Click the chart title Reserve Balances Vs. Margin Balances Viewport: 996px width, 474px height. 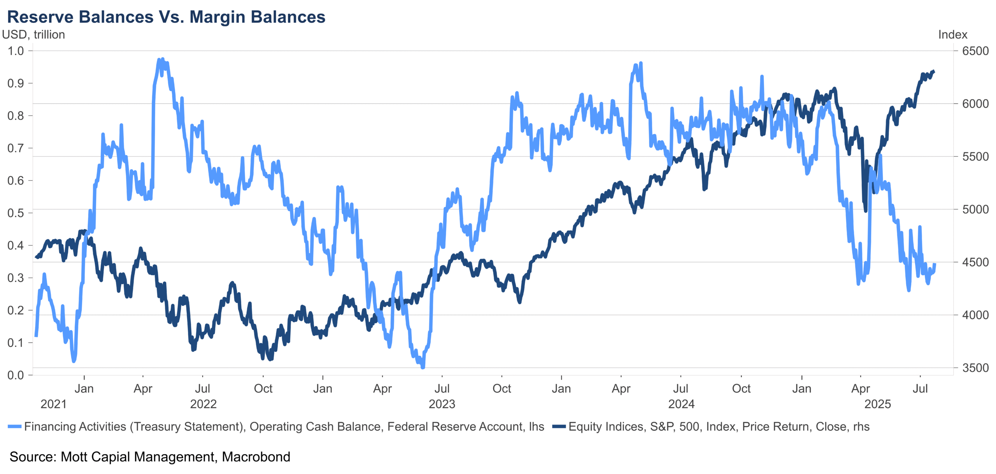coord(166,17)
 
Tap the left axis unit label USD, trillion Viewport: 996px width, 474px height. coord(33,35)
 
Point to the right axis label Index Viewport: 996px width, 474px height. coord(952,35)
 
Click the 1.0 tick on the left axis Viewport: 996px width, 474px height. coord(16,51)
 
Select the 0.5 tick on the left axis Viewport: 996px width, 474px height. coord(16,213)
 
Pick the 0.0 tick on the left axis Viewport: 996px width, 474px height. coord(16,375)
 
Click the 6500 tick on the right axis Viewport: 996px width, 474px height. coord(975,51)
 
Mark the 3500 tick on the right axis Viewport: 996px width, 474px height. coord(975,368)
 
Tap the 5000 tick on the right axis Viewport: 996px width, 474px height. coord(975,210)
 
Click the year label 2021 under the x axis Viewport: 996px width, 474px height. coord(54,404)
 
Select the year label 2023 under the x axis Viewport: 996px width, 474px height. coord(442,404)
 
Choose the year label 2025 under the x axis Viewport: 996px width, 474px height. coord(877,404)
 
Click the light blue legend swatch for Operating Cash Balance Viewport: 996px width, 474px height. coord(14,427)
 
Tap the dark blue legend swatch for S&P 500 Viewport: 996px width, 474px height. coord(559,427)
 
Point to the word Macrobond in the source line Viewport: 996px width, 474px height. coord(256,457)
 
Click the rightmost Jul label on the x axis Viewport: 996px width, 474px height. coord(920,388)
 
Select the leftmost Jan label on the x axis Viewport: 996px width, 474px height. coord(84,388)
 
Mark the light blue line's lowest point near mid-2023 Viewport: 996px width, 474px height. coord(423,367)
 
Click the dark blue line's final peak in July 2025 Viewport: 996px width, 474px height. coord(933,71)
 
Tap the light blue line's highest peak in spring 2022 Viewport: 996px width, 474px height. coord(163,59)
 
